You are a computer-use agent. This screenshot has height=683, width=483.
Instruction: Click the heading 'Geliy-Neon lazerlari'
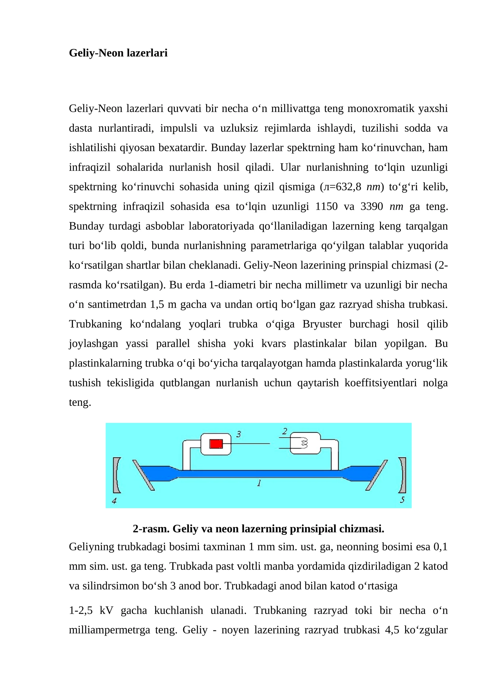pyautogui.click(x=118, y=53)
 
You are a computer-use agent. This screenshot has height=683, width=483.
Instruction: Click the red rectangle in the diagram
pyautogui.click(x=216, y=444)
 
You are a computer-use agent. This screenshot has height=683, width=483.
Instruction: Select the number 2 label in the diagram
pyautogui.click(x=284, y=431)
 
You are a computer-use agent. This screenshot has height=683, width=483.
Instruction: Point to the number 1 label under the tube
pyautogui.click(x=259, y=483)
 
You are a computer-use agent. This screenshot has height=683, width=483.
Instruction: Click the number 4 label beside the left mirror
pyautogui.click(x=114, y=501)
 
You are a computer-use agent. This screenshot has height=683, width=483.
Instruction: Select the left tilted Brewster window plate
pyautogui.click(x=143, y=475)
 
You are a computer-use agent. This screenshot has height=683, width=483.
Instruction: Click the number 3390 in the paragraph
pyautogui.click(x=372, y=207)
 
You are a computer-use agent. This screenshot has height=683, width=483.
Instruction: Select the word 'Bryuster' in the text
pyautogui.click(x=322, y=324)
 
